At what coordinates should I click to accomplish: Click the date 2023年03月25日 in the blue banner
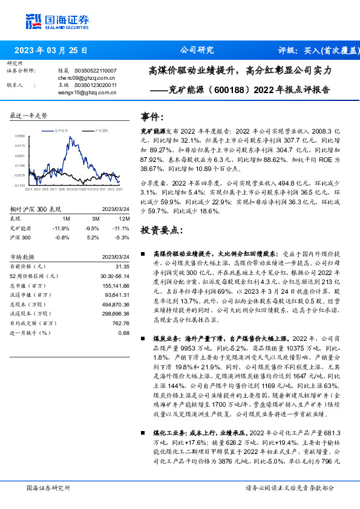click(51, 50)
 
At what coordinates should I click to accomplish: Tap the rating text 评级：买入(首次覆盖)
click(314, 50)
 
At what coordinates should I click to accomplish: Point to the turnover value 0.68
click(123, 349)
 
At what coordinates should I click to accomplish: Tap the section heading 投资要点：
click(161, 231)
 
